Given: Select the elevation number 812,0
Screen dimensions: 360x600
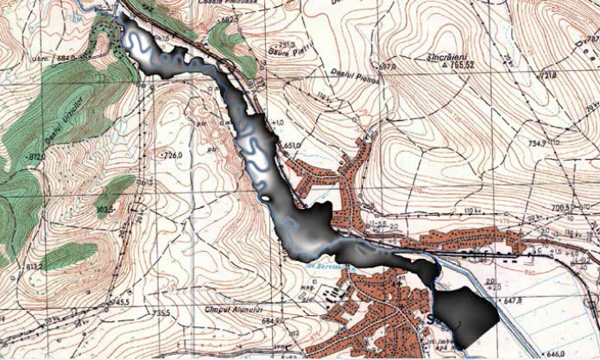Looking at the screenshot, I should coord(36,158).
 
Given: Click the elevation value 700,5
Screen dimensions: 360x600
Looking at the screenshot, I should coord(562,208).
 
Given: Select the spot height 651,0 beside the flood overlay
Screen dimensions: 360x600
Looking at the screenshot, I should coord(288,145).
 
